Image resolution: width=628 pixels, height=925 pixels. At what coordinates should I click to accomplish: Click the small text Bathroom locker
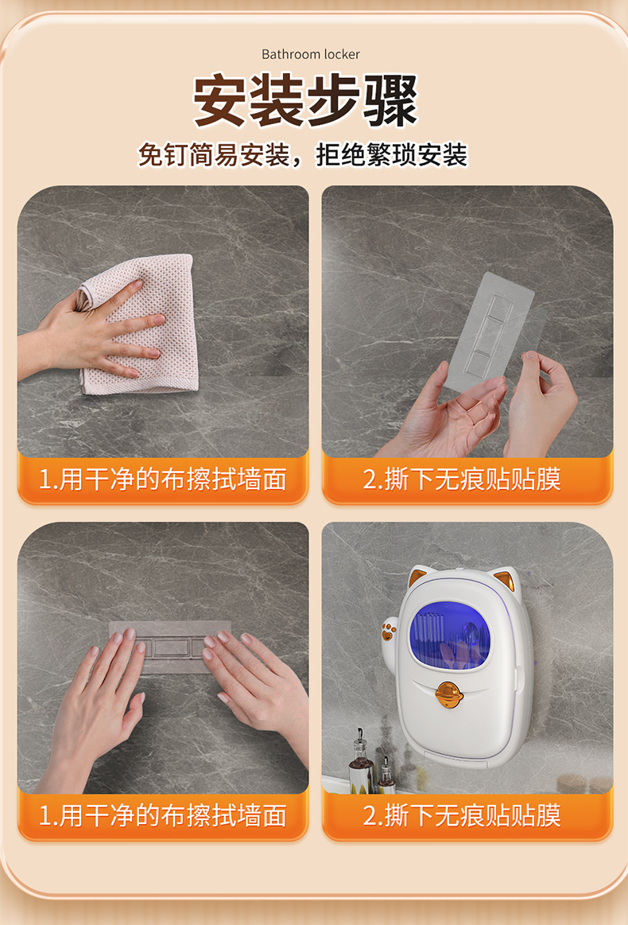pos(311,54)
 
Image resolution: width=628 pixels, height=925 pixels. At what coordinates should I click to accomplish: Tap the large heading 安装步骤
pos(305,100)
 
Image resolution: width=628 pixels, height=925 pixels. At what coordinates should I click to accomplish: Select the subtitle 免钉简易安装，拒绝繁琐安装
pos(303,155)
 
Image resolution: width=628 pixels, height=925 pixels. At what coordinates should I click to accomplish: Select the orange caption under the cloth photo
pos(163,479)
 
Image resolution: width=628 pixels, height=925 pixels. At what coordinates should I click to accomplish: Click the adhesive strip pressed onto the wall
pos(171,646)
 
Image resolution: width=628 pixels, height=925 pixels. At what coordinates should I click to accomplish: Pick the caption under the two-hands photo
pos(163,816)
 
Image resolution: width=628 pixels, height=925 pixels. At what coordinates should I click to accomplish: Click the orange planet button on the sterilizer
pos(448,694)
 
